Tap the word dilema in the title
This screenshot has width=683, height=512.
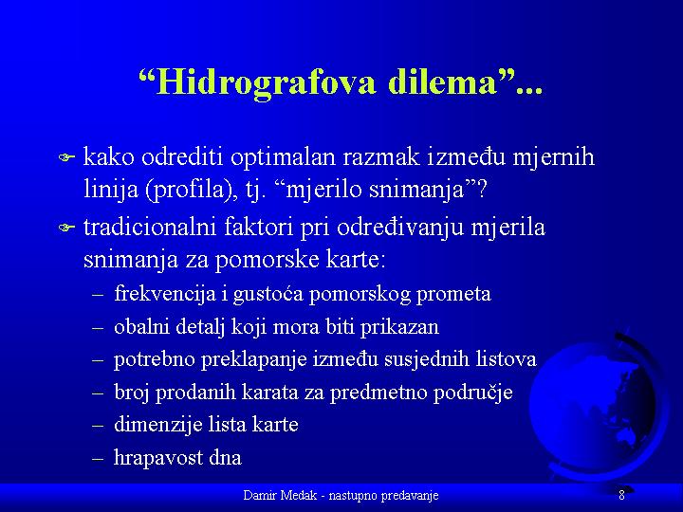(442, 82)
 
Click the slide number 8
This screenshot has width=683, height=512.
(621, 495)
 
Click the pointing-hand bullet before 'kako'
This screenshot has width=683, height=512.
(66, 157)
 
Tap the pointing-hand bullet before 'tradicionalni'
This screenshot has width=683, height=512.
(66, 227)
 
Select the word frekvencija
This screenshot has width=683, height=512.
(165, 294)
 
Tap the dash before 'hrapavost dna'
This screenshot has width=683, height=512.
(98, 459)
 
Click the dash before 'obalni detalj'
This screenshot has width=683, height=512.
(98, 328)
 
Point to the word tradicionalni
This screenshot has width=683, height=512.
(150, 227)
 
